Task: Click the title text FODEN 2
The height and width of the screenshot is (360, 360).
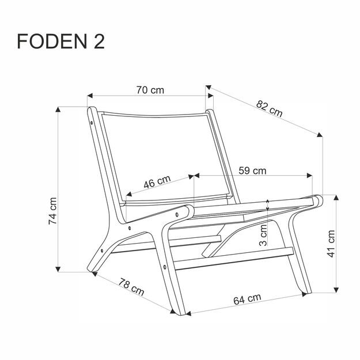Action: pos(61,43)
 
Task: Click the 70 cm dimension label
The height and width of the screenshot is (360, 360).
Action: pos(149,90)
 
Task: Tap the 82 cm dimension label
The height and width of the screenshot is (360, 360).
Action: pos(270,108)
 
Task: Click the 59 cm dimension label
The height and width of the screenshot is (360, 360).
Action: pos(252,170)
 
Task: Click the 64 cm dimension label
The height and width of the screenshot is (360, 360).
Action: pos(247,300)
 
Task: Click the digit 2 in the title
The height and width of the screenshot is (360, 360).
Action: pos(98,43)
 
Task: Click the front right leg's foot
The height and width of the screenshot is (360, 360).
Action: pos(303,292)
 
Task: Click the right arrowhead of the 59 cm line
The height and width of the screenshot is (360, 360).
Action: pos(310,175)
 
